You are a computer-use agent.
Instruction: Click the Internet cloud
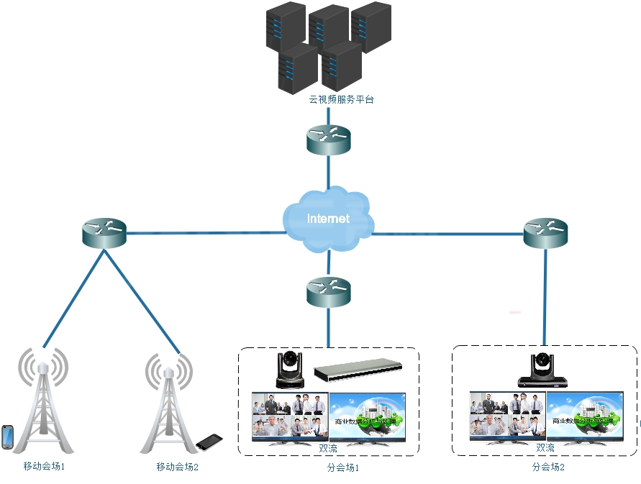pos(328,219)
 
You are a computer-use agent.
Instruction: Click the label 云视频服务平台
pos(341,100)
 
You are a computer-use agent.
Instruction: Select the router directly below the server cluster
pos(328,140)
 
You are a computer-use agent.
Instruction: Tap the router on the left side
pos(104,234)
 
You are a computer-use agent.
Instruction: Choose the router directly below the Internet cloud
pos(328,291)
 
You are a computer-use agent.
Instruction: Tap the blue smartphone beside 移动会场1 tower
pos(7,437)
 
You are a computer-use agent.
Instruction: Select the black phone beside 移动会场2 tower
pos(209,440)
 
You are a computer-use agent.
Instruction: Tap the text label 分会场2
pos(548,467)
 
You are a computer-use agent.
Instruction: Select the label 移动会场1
pos(44,467)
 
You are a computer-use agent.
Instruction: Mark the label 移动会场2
pos(177,467)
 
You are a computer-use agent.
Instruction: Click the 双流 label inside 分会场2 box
pos(545,447)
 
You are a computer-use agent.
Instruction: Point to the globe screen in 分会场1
pos(368,417)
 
